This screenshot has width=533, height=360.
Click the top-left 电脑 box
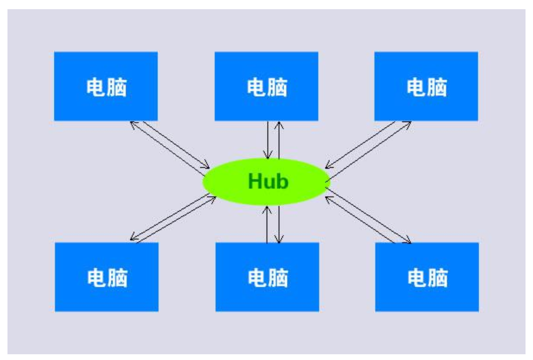tap(106, 86)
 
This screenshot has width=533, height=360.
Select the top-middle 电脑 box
tap(266, 86)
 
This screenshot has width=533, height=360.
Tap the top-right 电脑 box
tap(426, 86)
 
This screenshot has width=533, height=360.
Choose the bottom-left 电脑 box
tap(106, 277)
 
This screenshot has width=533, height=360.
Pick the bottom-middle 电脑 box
tap(267, 277)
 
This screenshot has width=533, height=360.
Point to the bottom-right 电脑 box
tap(427, 277)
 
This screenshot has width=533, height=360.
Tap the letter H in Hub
tap(254, 182)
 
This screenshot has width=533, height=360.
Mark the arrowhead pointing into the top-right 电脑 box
tap(408, 122)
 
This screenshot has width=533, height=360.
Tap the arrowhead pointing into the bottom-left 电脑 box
tap(133, 238)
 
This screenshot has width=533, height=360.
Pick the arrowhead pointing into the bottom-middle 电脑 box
tap(279, 240)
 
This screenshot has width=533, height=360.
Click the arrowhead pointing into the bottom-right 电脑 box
tap(408, 241)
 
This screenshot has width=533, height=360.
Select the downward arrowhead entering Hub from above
tap(268, 156)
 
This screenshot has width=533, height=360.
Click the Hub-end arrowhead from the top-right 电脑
tap(326, 165)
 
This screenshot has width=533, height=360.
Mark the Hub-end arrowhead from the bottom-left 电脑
tap(212, 196)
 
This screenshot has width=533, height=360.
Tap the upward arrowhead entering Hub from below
tap(267, 207)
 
